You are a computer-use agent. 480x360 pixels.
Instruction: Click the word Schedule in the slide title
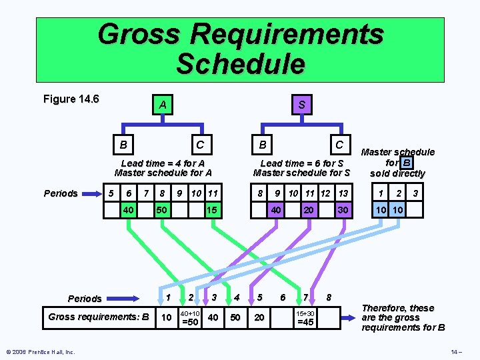[240, 64]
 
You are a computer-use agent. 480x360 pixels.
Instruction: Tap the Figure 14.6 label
[71, 99]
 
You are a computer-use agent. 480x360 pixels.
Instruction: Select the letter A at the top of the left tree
[162, 105]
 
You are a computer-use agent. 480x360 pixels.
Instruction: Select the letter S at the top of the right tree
[302, 105]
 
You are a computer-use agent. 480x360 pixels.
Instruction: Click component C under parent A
[199, 144]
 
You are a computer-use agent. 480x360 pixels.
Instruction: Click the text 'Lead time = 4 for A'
[163, 163]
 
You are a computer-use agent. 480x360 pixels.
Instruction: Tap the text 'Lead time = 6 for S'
[302, 163]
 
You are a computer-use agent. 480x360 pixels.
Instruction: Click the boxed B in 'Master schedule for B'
[407, 162]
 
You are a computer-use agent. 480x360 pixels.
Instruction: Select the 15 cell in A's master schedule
[211, 209]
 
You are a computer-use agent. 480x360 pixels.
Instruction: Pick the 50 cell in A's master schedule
[161, 209]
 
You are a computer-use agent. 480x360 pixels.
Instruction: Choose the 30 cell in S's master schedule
[342, 209]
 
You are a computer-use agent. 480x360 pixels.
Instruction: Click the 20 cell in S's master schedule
[308, 209]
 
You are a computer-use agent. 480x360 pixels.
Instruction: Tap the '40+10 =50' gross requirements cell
[190, 317]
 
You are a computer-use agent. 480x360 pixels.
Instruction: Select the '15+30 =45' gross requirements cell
[305, 317]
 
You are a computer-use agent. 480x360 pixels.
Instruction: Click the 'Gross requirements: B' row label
[98, 317]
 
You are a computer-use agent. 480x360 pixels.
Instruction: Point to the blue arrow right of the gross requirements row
[347, 317]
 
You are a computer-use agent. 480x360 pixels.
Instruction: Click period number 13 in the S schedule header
[343, 193]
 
